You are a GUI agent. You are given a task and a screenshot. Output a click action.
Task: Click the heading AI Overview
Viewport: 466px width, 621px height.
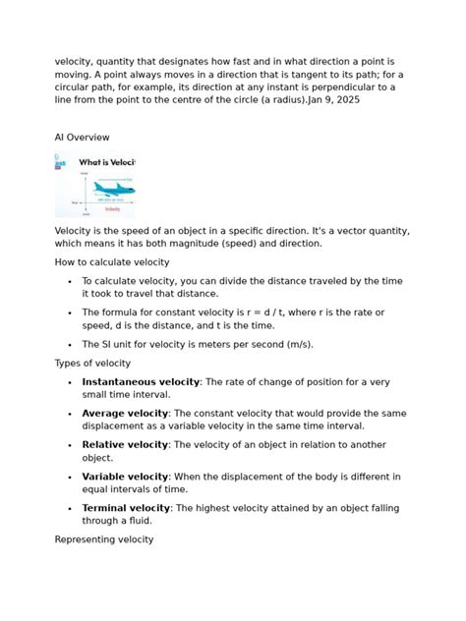coord(82,137)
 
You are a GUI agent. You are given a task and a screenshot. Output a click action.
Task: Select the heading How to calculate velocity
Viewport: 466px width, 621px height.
coord(112,261)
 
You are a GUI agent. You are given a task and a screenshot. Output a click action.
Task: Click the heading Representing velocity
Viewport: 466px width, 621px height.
coord(104,539)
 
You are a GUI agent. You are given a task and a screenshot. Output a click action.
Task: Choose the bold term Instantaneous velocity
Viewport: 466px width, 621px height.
coord(141,380)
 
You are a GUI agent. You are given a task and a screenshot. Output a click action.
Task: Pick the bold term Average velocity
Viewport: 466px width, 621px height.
coord(125,413)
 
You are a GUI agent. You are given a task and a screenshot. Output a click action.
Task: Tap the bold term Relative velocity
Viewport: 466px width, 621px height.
coord(125,445)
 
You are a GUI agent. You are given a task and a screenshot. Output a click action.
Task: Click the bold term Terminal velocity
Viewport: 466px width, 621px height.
coord(126,508)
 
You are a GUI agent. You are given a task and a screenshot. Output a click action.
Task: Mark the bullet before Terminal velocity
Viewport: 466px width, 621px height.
coord(69,509)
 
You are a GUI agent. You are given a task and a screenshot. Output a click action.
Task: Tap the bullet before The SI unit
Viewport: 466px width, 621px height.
coord(69,345)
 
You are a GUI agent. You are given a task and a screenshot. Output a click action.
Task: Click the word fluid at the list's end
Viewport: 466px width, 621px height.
coord(135,522)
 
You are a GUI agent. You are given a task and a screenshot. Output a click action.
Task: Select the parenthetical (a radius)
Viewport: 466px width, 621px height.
coord(271,101)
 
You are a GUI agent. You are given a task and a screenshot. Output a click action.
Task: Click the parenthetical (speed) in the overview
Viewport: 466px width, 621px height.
coord(256,243)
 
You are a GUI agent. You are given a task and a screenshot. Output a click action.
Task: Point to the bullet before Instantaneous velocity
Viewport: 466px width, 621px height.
coord(69,381)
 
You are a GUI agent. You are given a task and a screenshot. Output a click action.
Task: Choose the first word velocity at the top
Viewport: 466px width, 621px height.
coord(76,60)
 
